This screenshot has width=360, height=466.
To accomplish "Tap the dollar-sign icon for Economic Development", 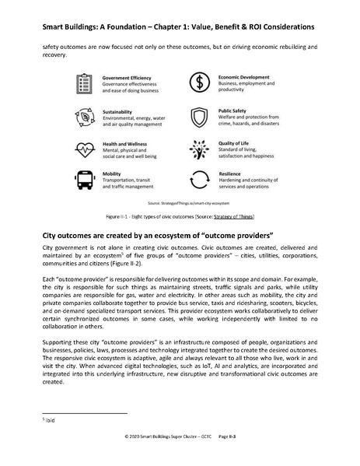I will tap(200, 82).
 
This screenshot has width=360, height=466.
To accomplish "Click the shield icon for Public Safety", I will tap(200, 116).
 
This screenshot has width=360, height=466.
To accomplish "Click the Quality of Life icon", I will tap(200, 148).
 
